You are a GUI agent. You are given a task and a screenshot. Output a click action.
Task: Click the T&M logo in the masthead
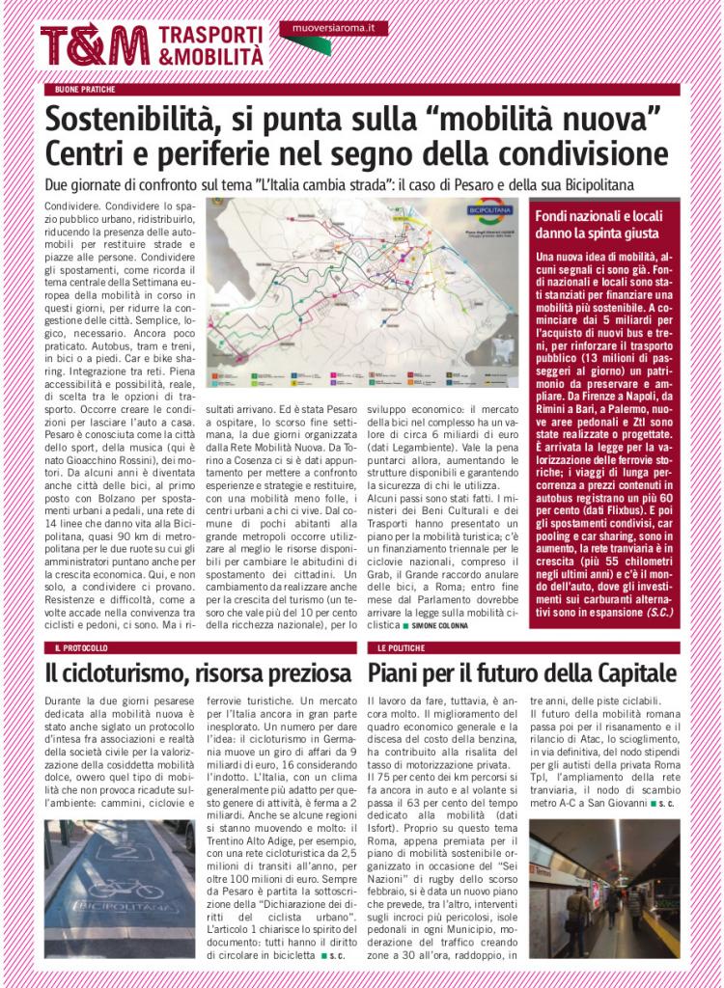coord(95,46)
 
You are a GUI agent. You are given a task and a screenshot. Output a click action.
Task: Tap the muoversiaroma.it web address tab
coord(333,29)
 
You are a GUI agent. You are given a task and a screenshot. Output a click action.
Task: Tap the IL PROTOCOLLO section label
coord(82,647)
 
